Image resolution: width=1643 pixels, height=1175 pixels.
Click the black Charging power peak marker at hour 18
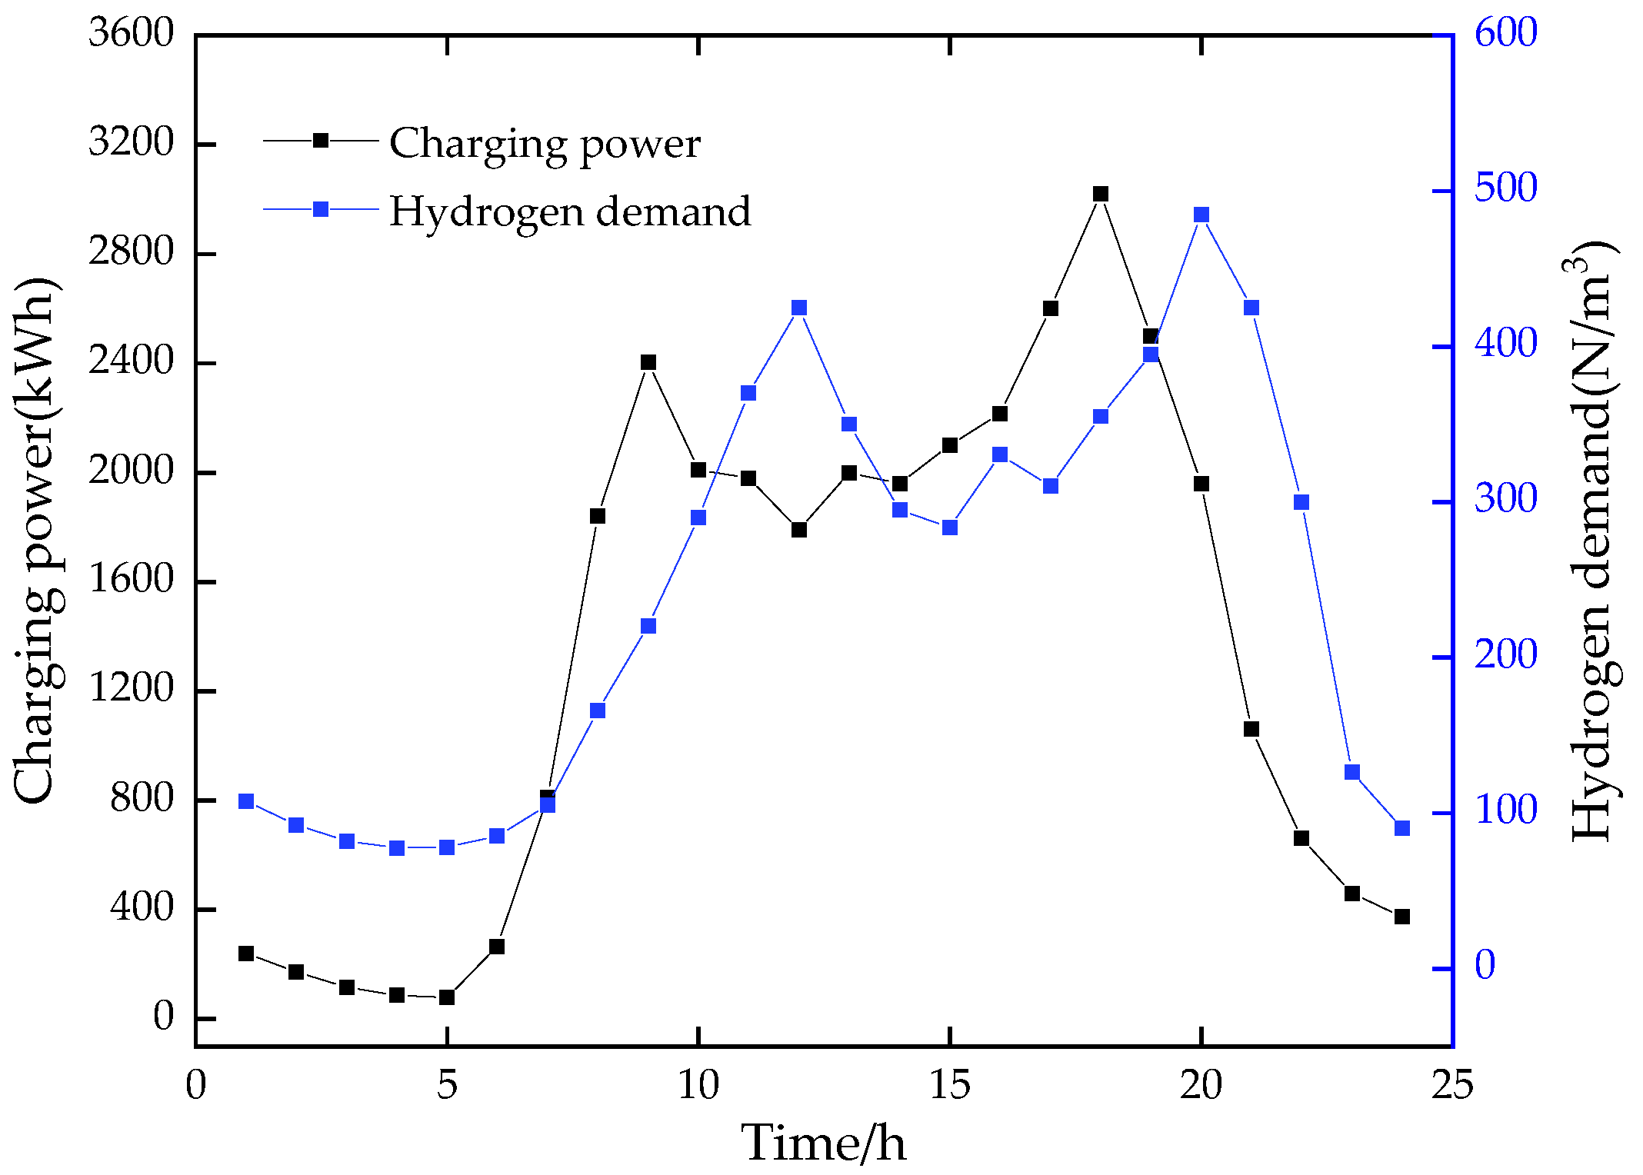coord(1101,194)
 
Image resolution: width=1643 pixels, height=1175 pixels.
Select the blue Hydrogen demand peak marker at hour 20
coord(1201,215)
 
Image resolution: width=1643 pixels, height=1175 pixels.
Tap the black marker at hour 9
coord(648,362)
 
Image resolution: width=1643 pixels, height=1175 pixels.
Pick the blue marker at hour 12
coord(799,308)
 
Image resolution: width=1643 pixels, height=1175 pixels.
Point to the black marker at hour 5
coord(447,997)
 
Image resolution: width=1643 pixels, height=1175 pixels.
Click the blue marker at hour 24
coord(1402,828)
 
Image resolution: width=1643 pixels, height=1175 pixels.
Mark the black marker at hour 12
coord(799,530)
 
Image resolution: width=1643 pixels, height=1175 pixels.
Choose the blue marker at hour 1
coord(246,801)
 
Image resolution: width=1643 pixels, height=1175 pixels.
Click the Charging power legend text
coord(545,143)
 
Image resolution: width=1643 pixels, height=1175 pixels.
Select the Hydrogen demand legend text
coord(570,211)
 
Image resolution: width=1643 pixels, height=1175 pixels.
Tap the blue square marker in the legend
coord(321,209)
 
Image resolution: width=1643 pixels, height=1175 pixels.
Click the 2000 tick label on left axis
coord(132,470)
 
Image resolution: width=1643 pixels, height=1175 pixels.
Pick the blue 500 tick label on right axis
coord(1505,188)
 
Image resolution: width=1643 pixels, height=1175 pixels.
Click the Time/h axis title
coord(824,1143)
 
